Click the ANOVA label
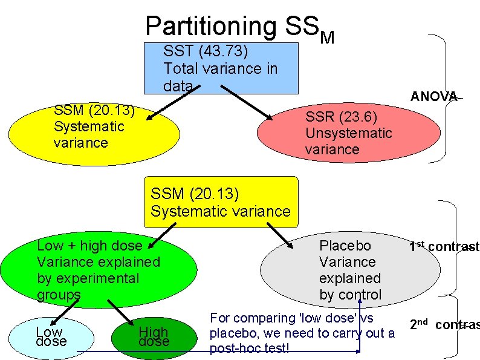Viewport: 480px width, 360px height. (x=433, y=96)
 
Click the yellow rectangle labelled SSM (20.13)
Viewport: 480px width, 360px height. (x=221, y=203)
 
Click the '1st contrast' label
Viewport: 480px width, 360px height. (x=444, y=246)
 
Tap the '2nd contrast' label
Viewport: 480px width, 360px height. (x=444, y=324)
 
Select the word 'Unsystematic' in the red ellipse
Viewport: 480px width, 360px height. (x=348, y=133)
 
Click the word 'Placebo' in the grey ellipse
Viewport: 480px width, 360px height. (x=345, y=246)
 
